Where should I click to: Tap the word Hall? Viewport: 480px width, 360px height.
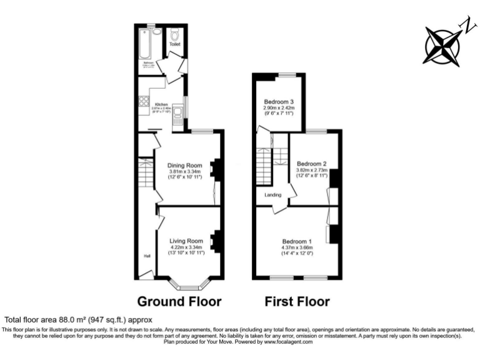[x=147, y=256]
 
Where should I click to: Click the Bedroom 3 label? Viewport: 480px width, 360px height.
[x=279, y=102]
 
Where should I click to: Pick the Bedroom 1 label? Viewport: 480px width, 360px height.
[x=297, y=242]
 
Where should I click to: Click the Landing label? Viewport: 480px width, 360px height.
[x=273, y=196]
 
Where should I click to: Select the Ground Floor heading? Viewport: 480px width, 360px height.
[x=179, y=302]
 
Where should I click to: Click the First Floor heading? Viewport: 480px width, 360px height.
[x=297, y=302]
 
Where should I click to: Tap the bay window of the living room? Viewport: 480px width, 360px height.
[x=187, y=287]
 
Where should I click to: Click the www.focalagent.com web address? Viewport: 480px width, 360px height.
[x=288, y=341]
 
